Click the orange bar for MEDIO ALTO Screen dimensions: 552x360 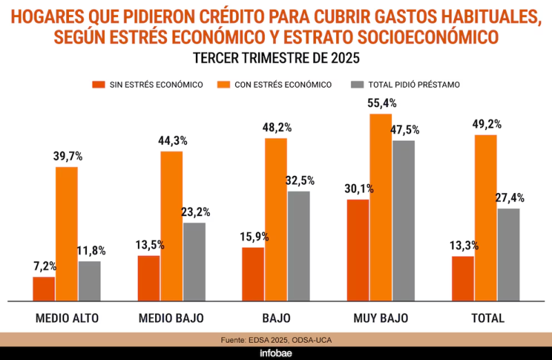tap(66, 234)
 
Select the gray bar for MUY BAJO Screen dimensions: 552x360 tap(404, 221)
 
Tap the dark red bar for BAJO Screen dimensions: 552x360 tap(253, 274)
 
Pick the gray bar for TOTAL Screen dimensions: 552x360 tap(509, 254)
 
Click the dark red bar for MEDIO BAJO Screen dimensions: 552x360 tap(148, 279)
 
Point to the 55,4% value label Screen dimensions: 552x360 tap(382, 103)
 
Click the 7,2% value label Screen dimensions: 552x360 tap(45, 266)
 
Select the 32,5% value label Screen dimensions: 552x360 tap(300, 181)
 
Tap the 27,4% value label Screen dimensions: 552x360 tap(510, 198)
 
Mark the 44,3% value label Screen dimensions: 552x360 tap(172, 141)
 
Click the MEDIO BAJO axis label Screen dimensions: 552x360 tap(171, 318)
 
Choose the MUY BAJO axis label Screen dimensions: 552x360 tap(381, 318)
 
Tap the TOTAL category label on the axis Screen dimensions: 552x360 tap(488, 318)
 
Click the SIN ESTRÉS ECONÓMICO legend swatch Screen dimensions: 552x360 tap(99, 84)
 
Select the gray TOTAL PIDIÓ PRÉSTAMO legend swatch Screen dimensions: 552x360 tap(357, 84)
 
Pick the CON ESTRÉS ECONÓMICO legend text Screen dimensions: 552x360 tap(283, 85)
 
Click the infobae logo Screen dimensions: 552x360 tap(276, 353)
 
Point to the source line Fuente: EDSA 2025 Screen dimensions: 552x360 tap(277, 340)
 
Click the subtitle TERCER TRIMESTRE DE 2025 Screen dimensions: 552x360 tap(277, 58)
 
